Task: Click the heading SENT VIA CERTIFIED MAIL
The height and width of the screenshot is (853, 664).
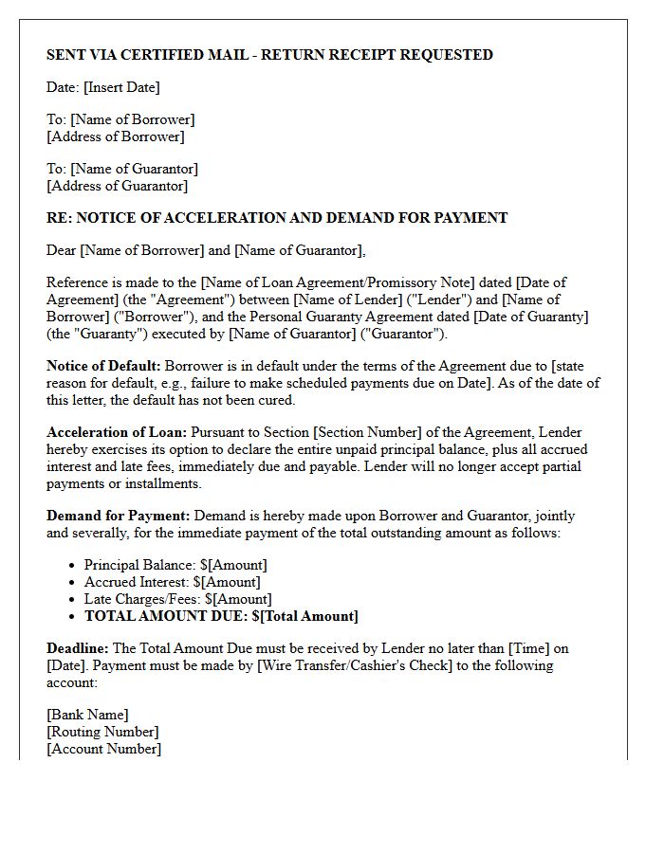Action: [x=269, y=55]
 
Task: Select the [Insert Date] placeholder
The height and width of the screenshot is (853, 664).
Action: [x=121, y=87]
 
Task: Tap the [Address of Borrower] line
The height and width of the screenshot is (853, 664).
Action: [x=115, y=136]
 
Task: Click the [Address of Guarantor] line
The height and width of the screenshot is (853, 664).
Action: [x=117, y=186]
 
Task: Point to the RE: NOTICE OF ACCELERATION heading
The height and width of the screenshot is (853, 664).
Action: [x=277, y=218]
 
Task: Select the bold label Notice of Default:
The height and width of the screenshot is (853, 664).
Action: [x=103, y=366]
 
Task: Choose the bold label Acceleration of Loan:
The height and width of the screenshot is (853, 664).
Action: [x=117, y=432]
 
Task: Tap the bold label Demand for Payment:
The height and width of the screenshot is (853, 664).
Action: [x=119, y=516]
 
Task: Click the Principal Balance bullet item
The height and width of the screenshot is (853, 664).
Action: [x=175, y=565]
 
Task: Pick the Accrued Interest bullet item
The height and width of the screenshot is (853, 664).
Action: [x=172, y=582]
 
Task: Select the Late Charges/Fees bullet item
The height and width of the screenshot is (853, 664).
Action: [x=177, y=599]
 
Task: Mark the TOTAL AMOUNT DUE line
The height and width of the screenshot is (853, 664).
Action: [x=221, y=616]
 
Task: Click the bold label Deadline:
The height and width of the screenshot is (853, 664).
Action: [x=78, y=648]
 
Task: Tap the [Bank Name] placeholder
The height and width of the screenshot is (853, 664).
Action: [x=87, y=715]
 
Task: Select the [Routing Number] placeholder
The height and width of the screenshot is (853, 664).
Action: [x=102, y=732]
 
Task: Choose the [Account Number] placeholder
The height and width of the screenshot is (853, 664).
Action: [x=103, y=749]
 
